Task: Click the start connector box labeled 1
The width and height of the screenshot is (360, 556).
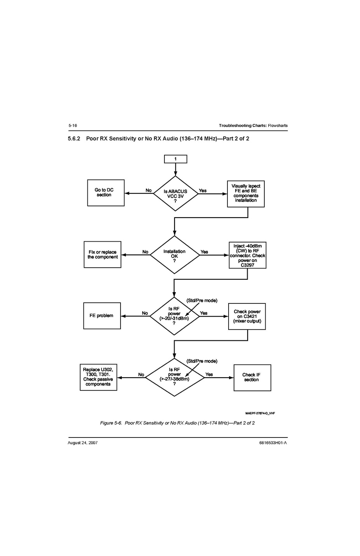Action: tap(175, 159)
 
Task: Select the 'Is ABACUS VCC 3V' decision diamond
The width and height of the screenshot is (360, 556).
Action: tap(175, 193)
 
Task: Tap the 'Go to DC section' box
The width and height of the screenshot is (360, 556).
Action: tap(106, 193)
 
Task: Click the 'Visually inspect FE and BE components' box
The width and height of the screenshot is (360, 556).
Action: tap(246, 193)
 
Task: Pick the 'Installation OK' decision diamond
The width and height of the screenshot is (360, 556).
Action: tap(175, 255)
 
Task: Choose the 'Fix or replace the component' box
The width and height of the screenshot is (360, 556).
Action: tap(103, 254)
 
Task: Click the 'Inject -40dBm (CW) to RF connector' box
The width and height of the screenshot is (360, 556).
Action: tap(248, 255)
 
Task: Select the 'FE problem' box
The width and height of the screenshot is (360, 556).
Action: tap(102, 316)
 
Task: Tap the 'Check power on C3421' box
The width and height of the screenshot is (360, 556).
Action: tap(247, 317)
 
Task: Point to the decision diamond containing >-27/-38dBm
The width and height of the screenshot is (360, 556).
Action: tap(174, 377)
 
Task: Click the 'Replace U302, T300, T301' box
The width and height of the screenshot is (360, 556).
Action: tap(98, 377)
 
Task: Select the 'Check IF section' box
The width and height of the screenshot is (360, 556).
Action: tap(252, 377)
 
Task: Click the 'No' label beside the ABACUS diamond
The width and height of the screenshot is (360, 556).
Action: tap(149, 190)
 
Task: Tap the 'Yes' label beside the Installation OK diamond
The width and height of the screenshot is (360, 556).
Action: tap(204, 252)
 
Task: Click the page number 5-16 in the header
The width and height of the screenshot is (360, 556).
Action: tap(73, 125)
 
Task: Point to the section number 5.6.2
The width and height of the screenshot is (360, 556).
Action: tap(74, 139)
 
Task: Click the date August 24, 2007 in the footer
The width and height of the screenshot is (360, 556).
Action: tap(82, 443)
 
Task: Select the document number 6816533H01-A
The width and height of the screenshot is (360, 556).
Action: tap(273, 443)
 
